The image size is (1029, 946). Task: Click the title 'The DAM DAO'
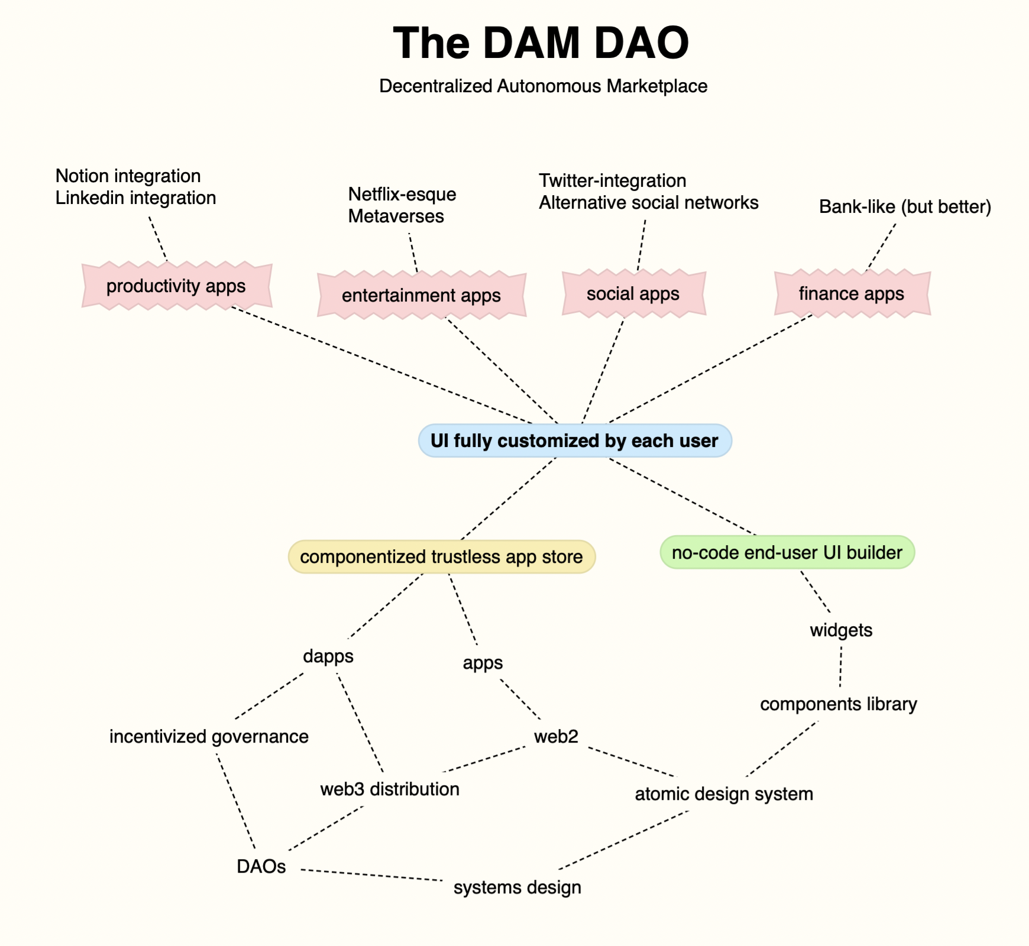[x=541, y=43]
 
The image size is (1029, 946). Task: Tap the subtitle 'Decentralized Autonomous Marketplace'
[x=543, y=86]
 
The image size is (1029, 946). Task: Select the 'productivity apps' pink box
[x=176, y=286]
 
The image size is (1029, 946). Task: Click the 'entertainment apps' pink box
[x=421, y=295]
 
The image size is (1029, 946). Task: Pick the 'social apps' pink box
[x=633, y=293]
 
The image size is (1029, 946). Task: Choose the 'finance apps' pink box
[x=851, y=293]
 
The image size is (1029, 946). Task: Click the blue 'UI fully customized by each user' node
[x=574, y=440]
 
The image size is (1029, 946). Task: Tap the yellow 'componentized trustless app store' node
[x=441, y=557]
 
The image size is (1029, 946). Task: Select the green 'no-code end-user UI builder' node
[x=787, y=553]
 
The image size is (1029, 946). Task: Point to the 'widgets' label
[x=841, y=630]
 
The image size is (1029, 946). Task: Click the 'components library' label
[x=838, y=704]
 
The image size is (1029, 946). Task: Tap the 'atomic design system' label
[x=724, y=794]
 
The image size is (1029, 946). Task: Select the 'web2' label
[x=556, y=737]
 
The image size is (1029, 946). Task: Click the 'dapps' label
[x=328, y=656]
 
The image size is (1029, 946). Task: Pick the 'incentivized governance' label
[x=209, y=737]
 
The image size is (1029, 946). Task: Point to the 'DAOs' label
[x=261, y=867]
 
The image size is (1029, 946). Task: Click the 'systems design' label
[x=517, y=887]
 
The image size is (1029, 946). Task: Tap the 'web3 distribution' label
[x=390, y=789]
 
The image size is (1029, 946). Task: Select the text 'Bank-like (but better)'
[x=905, y=207]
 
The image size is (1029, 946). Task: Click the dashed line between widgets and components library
[x=840, y=667]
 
